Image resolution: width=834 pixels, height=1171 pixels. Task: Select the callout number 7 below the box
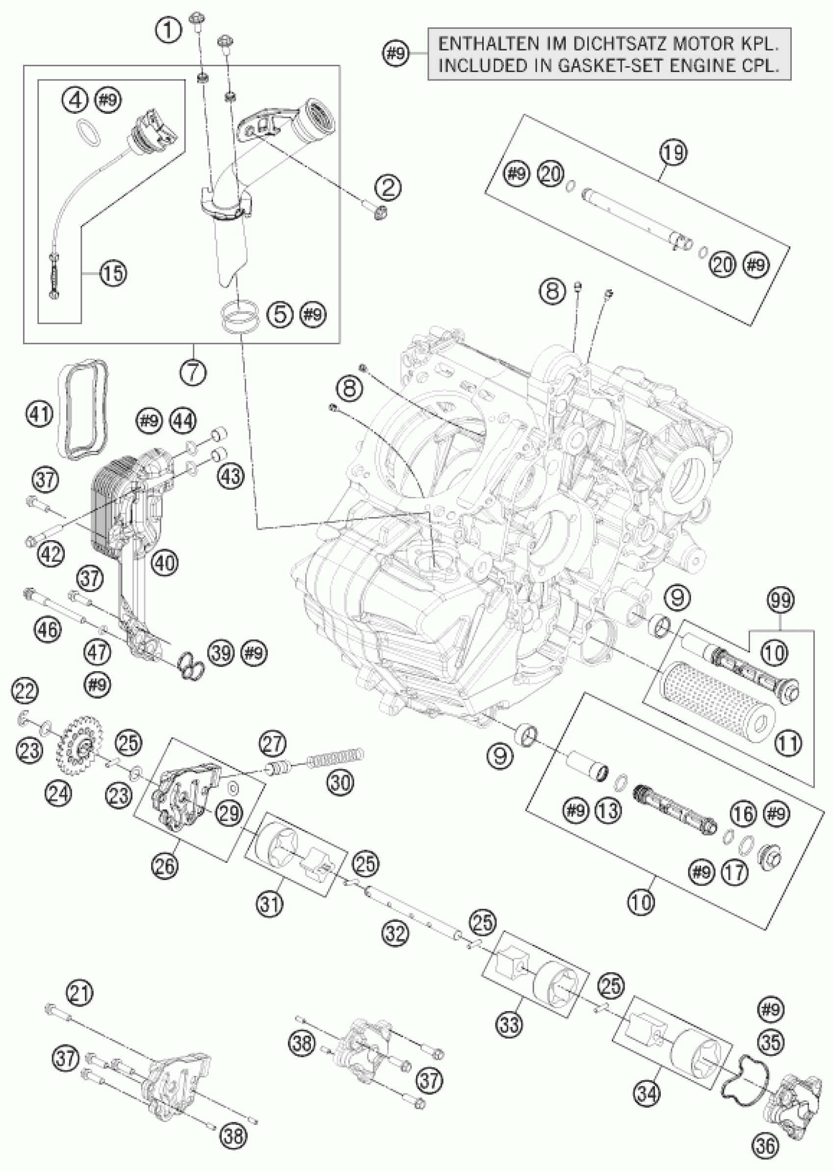tap(194, 372)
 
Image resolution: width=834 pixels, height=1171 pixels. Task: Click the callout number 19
tap(674, 153)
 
